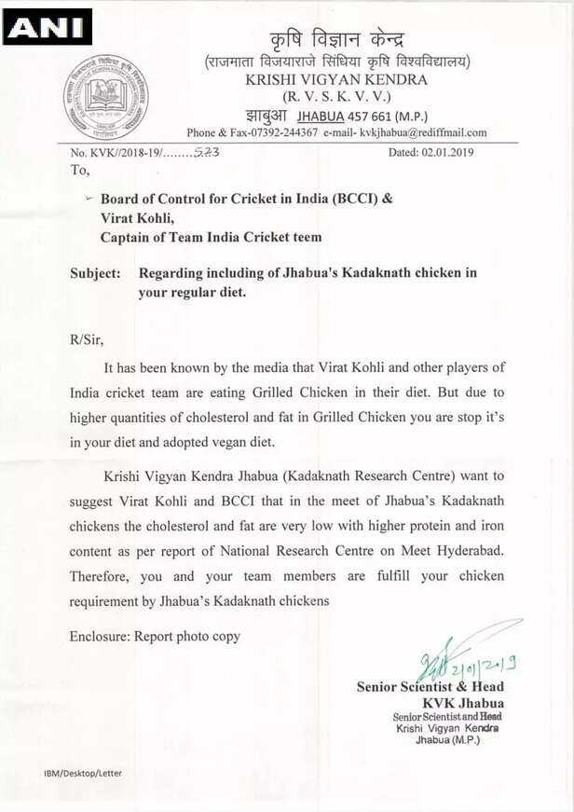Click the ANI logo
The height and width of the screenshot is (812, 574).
pos(47,27)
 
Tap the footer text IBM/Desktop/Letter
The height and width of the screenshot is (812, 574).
pos(82,773)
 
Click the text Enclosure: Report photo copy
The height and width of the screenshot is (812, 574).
pos(155,636)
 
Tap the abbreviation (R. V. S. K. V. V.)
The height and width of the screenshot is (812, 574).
pos(336,97)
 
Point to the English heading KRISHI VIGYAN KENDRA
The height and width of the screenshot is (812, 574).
pos(336,80)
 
